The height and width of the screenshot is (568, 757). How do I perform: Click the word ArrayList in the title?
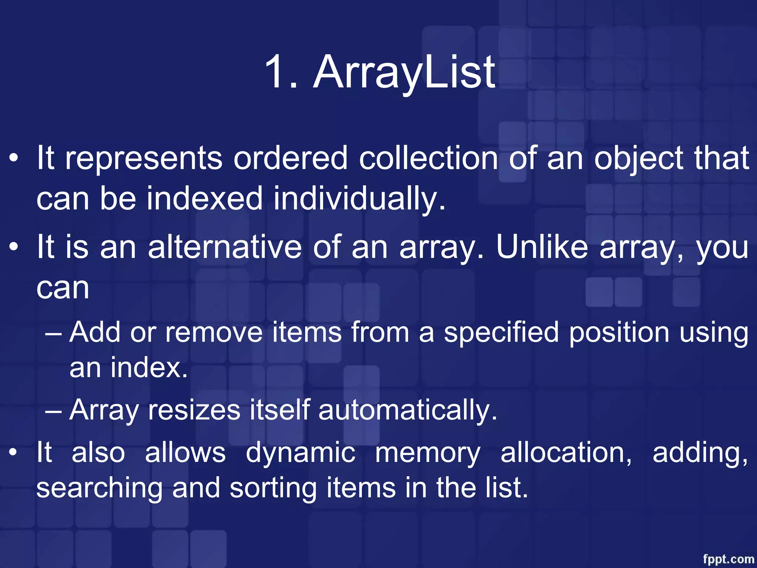(404, 72)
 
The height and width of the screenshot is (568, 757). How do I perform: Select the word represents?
(144, 158)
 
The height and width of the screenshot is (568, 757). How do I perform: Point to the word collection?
(428, 158)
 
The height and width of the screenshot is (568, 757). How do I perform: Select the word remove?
(214, 332)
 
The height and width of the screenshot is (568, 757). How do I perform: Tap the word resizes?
(194, 410)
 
